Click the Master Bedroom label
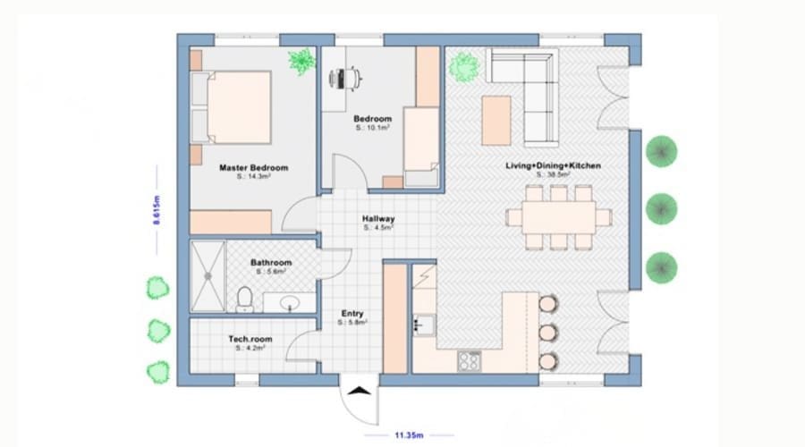tap(253, 167)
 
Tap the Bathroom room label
tap(270, 263)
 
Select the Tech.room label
tap(250, 340)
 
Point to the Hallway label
tap(378, 219)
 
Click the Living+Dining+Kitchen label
tap(553, 166)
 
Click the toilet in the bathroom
tap(244, 296)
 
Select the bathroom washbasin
tap(290, 304)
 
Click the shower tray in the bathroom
tap(208, 276)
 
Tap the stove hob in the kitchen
tap(469, 360)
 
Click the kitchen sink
tap(423, 323)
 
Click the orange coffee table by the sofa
tap(496, 120)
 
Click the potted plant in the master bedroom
tap(301, 62)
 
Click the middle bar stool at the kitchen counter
tap(547, 332)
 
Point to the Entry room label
tap(352, 314)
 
